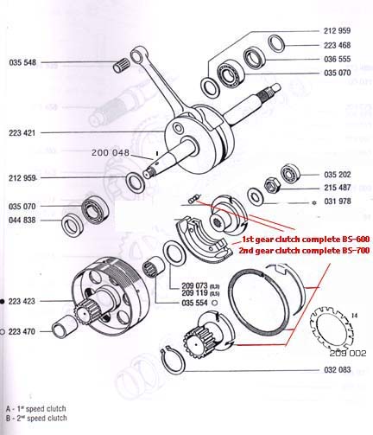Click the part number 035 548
[x=22, y=62]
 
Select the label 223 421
[x=22, y=133]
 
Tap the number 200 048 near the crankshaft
[x=111, y=152]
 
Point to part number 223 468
[x=338, y=45]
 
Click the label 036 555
[x=338, y=59]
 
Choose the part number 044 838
[x=22, y=220]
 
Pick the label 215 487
[x=338, y=188]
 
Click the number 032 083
[x=338, y=369]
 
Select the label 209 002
[x=348, y=353]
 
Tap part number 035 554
[x=194, y=303]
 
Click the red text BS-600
[x=356, y=240]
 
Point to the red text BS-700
[x=356, y=251]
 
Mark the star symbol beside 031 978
[x=314, y=203]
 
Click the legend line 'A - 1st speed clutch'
[x=36, y=408]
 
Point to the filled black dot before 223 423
[x=3, y=302]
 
